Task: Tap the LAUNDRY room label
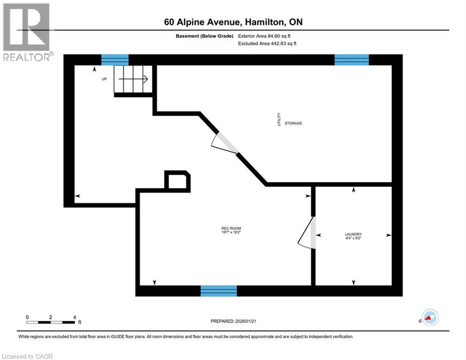point(353,234)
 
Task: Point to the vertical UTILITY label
point(279,119)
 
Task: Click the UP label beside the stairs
point(104,79)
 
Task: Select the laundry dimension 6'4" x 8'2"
point(353,238)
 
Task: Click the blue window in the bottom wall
point(219,291)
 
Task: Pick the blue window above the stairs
point(115,60)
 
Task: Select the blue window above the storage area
point(351,60)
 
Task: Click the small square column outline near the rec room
point(178,180)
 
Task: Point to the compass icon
point(429,317)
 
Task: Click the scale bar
point(51,322)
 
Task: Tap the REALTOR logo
point(27,32)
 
